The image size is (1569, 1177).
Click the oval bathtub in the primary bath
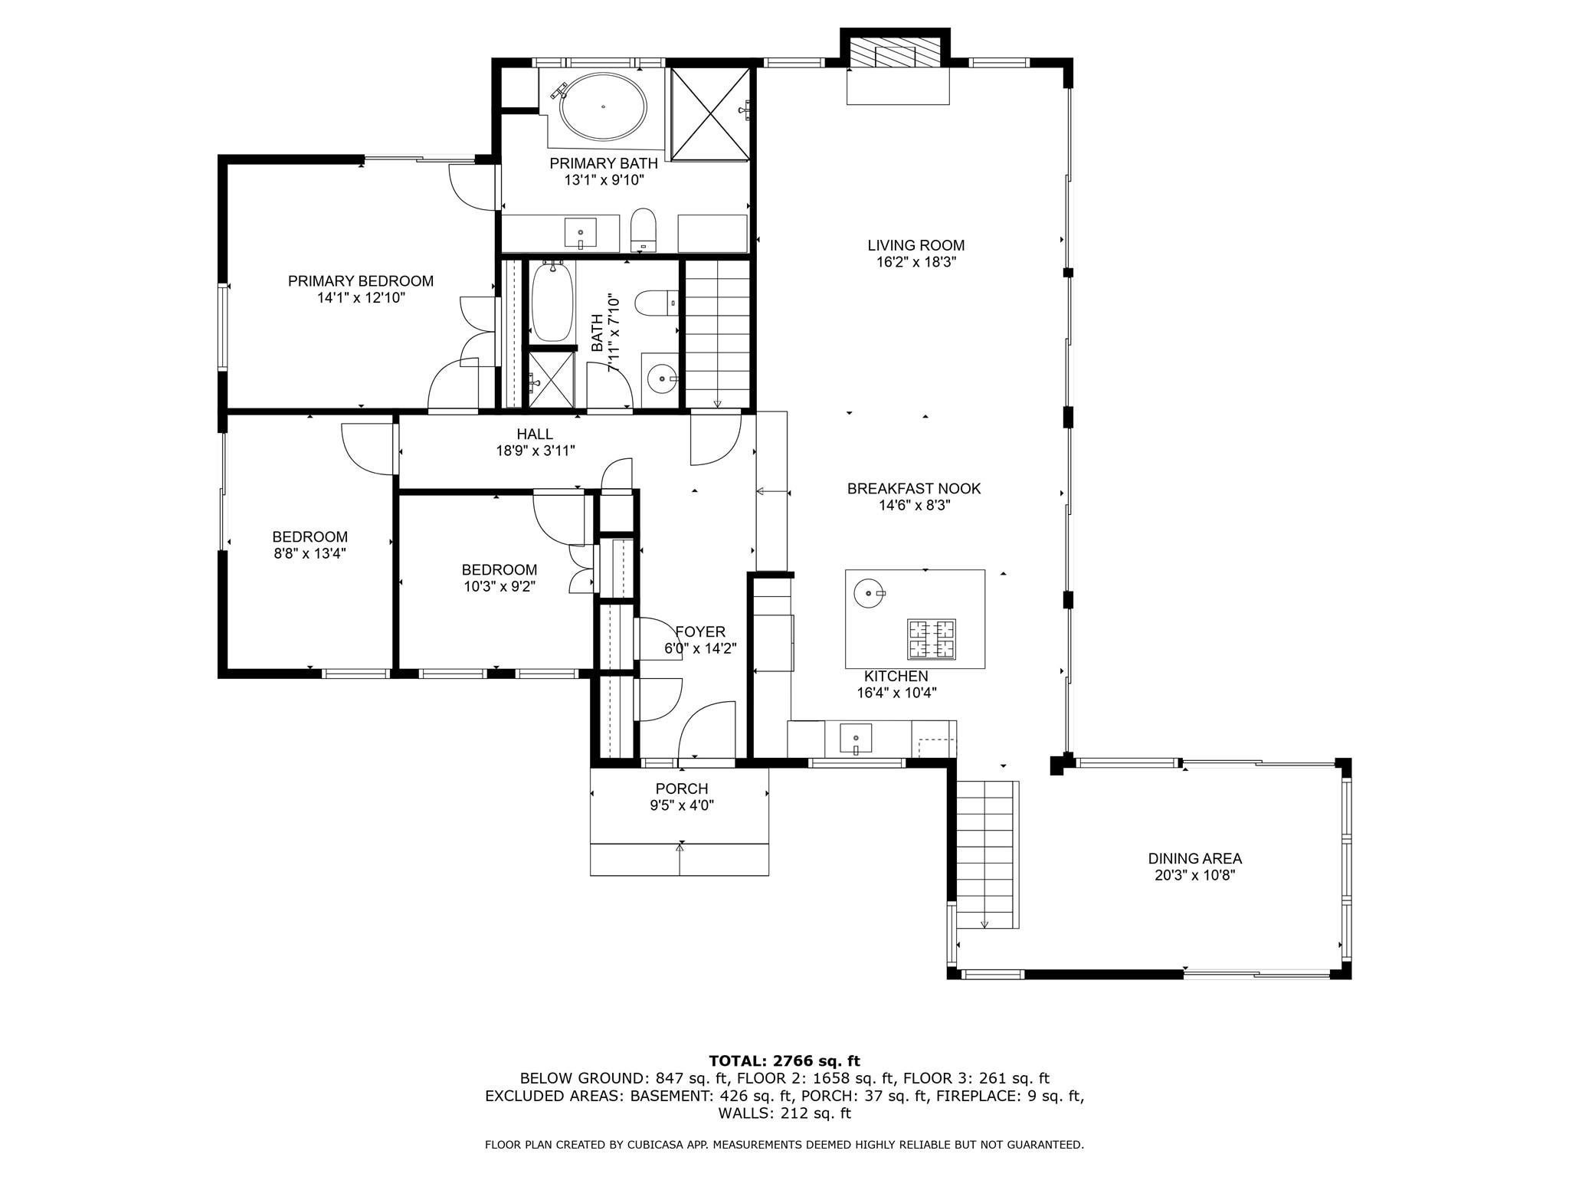(x=603, y=107)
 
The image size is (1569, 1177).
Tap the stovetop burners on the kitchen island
(x=932, y=639)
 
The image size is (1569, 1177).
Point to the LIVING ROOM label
(x=916, y=245)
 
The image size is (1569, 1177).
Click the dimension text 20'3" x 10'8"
(x=1194, y=875)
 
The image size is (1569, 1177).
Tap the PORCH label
(x=681, y=788)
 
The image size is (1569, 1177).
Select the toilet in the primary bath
(x=644, y=229)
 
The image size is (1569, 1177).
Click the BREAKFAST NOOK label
(x=913, y=488)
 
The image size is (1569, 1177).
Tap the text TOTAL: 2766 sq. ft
(x=784, y=1061)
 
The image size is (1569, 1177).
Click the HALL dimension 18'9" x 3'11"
(x=535, y=451)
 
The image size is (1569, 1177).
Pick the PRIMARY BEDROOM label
(x=360, y=281)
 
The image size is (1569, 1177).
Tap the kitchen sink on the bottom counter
(x=856, y=739)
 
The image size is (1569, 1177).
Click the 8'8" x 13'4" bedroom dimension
(x=310, y=553)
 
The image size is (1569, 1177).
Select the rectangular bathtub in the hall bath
(x=552, y=302)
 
